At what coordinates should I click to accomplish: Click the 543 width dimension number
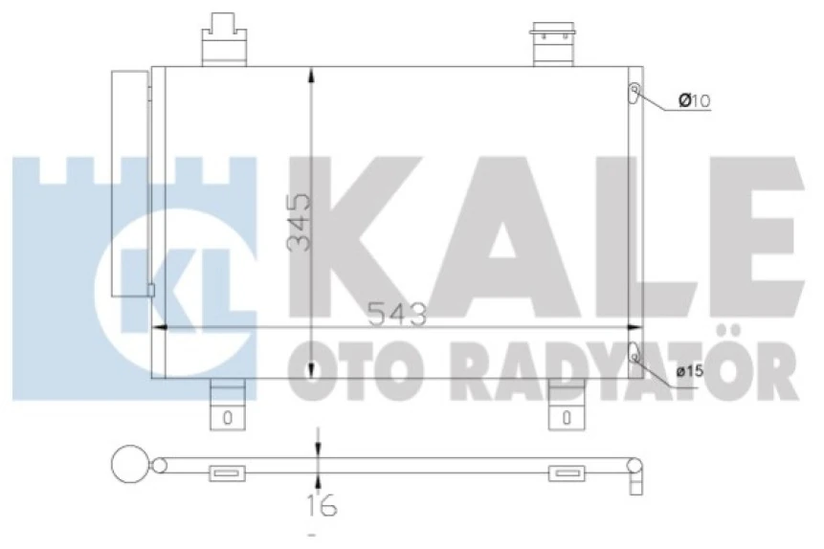[x=393, y=314]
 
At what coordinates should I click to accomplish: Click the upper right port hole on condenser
[x=634, y=93]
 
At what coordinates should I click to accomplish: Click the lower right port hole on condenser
[x=634, y=353]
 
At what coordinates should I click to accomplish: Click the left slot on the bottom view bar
[x=227, y=472]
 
